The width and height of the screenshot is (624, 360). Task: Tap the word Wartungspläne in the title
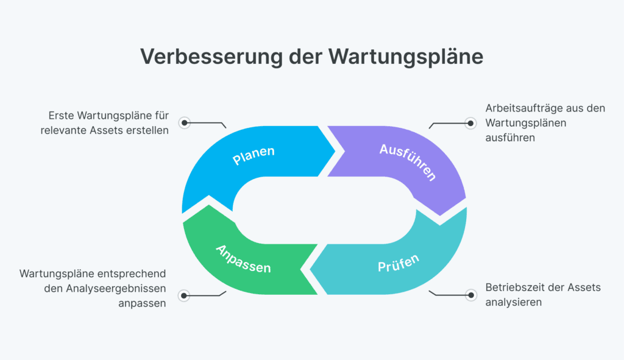[406, 56]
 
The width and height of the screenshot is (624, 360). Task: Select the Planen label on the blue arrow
[253, 155]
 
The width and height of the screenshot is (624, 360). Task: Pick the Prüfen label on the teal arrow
[399, 264]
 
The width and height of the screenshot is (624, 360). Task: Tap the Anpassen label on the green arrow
[243, 258]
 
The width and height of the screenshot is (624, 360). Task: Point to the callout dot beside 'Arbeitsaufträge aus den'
[470, 122]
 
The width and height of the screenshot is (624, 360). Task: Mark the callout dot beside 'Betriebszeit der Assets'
[470, 295]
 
